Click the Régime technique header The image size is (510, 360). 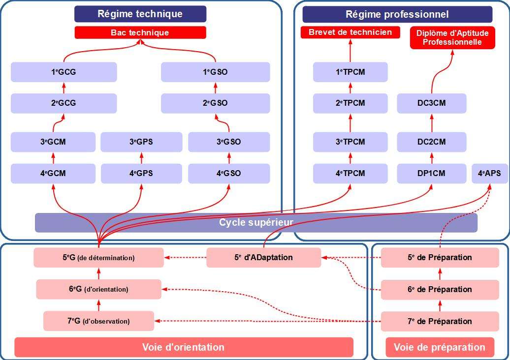(140, 14)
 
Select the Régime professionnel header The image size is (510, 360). (397, 14)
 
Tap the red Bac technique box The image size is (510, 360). (140, 33)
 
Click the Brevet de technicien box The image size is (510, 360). (350, 32)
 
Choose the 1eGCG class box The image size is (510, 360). (64, 72)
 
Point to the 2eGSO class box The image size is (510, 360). (215, 103)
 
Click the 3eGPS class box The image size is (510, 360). (141, 142)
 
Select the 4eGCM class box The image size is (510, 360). (53, 173)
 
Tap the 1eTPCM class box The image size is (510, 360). (350, 72)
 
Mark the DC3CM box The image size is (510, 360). (431, 103)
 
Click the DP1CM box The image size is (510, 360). (431, 173)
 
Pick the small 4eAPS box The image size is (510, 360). (489, 173)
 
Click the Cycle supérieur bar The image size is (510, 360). (256, 223)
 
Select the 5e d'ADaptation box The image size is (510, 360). (263, 258)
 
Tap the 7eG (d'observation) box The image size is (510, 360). (98, 321)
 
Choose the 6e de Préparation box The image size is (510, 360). (440, 289)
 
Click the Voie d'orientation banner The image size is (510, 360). (184, 347)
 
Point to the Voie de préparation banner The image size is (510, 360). (439, 347)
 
